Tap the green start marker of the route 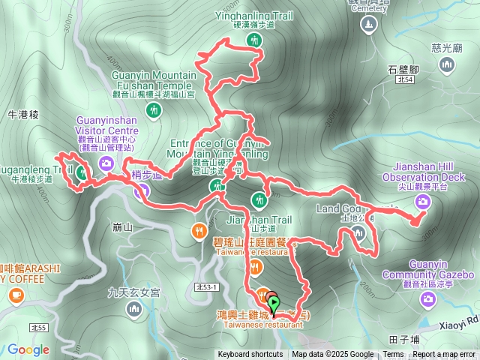tap(274, 304)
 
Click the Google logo tap(28, 349)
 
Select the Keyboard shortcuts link tap(250, 355)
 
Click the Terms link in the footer tap(393, 355)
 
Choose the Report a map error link tap(444, 355)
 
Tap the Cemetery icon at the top tap(368, 25)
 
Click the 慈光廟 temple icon tap(447, 65)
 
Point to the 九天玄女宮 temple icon tap(135, 308)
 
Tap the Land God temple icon tap(358, 232)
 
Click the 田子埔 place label tap(404, 340)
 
